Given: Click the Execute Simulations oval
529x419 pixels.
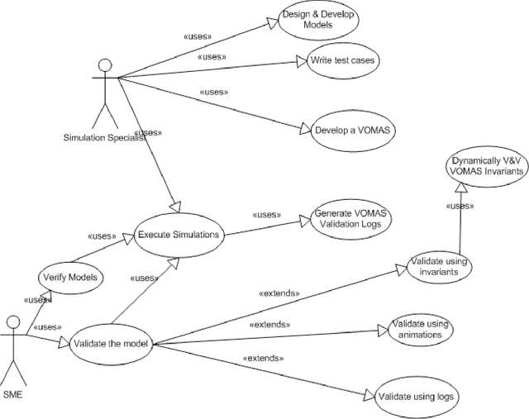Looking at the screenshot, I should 179,234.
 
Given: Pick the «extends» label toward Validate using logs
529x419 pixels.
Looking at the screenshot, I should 264,358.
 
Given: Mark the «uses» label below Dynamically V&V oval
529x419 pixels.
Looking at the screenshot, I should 460,206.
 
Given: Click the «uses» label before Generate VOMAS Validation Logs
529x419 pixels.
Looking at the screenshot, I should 265,214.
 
